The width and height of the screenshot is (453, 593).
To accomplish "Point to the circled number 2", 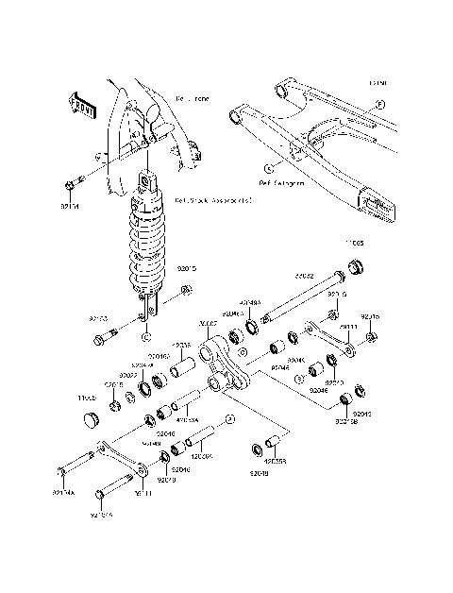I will click(x=229, y=416).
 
